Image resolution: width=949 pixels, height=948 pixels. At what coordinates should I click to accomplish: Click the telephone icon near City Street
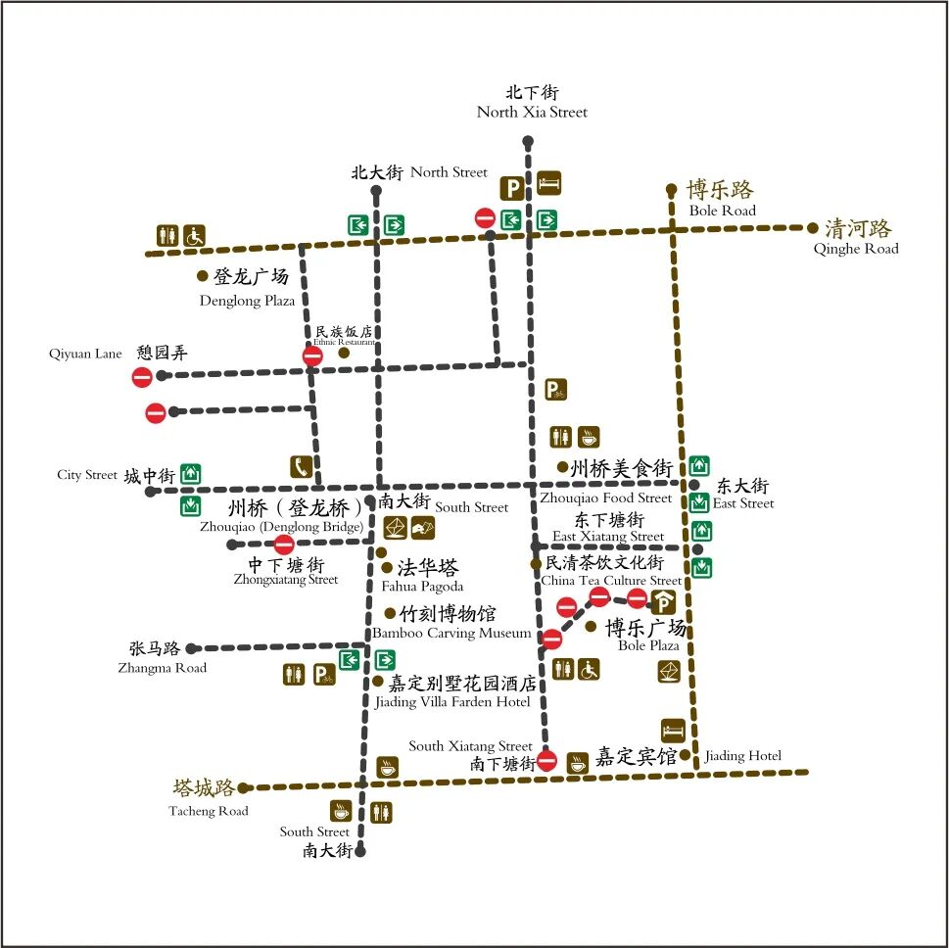tap(301, 467)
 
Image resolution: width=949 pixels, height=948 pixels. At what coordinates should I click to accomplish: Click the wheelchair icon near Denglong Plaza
tap(194, 236)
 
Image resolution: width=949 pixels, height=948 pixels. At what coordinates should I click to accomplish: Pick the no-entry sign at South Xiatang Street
tap(547, 760)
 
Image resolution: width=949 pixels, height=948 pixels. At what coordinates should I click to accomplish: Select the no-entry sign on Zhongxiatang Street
tap(284, 545)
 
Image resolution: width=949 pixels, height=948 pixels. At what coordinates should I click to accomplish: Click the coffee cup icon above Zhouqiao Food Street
tap(588, 437)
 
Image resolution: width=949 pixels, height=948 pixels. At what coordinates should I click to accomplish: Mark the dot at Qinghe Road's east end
tap(812, 228)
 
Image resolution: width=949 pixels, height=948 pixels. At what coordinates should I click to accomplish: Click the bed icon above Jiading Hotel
tap(673, 730)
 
